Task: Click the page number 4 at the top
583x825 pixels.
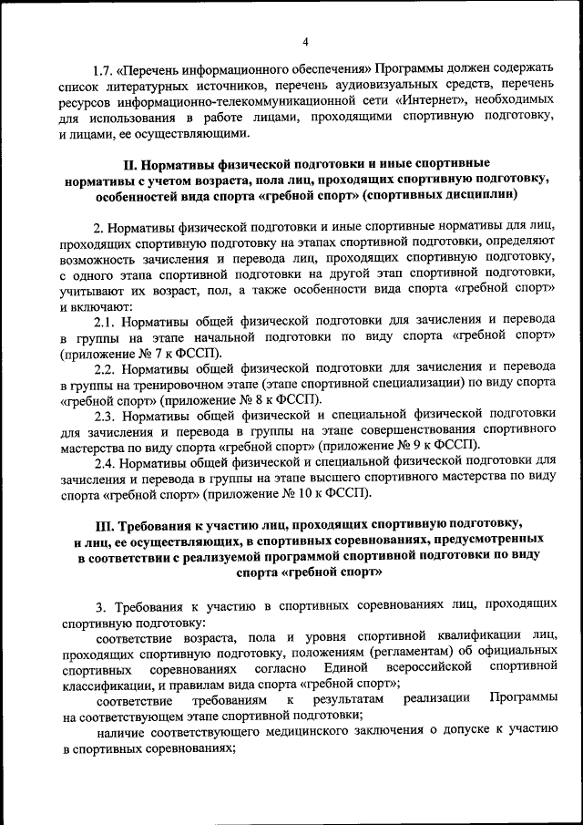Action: coord(305,41)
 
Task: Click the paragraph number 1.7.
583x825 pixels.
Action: coord(104,69)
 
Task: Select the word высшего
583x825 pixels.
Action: coord(364,477)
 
